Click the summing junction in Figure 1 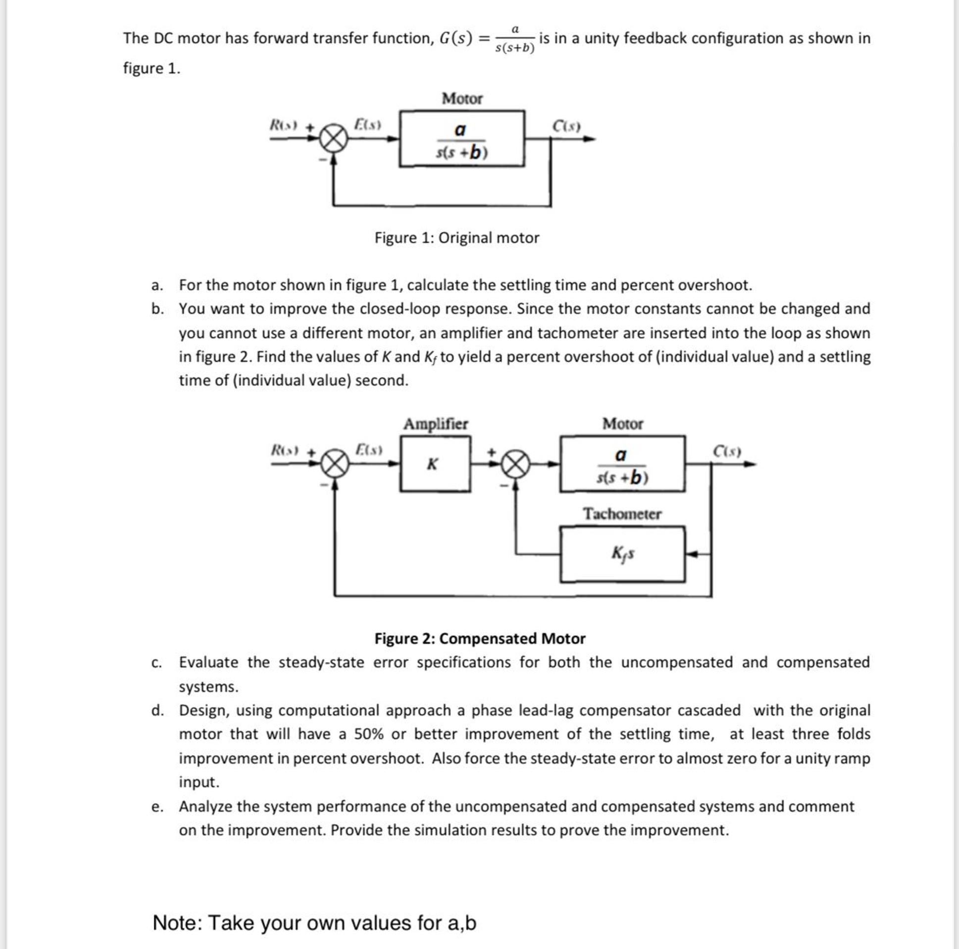[x=333, y=139]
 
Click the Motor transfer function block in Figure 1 [x=461, y=139]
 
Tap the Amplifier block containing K [x=435, y=464]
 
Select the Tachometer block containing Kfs [x=622, y=554]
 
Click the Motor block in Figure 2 [x=622, y=464]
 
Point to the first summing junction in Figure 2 [x=335, y=464]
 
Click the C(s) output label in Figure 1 [x=566, y=126]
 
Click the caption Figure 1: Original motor [x=456, y=238]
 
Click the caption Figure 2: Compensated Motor [x=479, y=638]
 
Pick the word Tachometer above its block [x=622, y=514]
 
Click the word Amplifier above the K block [x=435, y=424]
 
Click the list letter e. [x=157, y=806]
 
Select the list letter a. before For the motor [x=157, y=286]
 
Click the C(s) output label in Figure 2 [x=727, y=451]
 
